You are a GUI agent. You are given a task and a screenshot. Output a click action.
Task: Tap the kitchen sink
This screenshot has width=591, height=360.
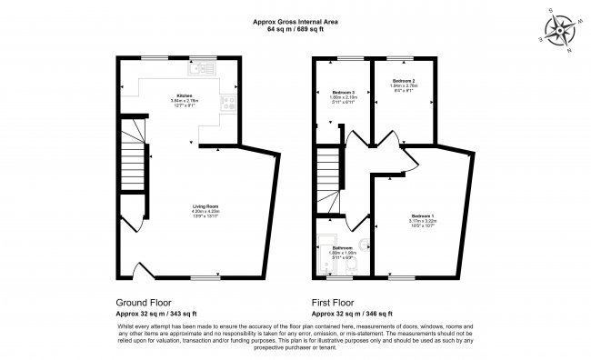point(198,68)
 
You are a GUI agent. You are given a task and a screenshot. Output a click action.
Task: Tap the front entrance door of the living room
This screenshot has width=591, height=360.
point(142,270)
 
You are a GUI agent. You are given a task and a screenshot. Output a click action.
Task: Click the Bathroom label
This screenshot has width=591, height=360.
point(343,249)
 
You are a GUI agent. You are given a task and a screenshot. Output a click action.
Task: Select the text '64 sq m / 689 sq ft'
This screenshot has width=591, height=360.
point(295,30)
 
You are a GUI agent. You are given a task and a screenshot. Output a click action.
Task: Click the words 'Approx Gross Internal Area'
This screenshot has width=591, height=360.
point(295,22)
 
